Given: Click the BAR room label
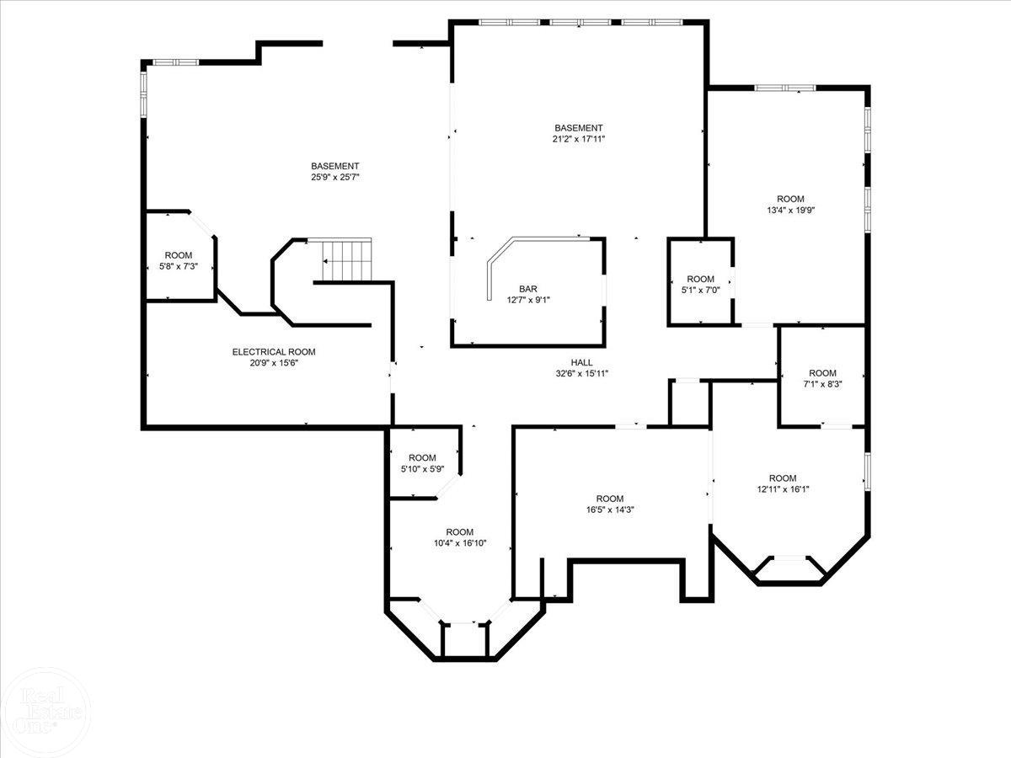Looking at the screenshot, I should [528, 288].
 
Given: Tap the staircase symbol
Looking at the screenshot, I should [346, 259].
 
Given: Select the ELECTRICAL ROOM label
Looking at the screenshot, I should [274, 352].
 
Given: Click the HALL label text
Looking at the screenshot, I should [581, 363].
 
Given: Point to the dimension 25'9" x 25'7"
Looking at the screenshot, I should [334, 177].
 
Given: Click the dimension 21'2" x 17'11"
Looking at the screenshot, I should [578, 139].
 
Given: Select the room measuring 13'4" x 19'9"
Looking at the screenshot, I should [790, 205].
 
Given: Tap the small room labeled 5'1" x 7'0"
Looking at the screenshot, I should [700, 285].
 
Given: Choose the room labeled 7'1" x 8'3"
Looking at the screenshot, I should [822, 378].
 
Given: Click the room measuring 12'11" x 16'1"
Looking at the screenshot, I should [782, 483].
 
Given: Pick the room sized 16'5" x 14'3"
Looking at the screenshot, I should [610, 504].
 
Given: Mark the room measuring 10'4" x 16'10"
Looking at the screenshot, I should [459, 537].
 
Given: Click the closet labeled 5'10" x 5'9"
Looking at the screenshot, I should [422, 463].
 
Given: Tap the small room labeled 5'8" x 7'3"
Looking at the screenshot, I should [178, 261].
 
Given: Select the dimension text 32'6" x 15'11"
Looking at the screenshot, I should [581, 374].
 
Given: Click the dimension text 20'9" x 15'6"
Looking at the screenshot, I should [274, 363].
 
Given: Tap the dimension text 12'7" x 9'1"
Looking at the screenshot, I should [528, 299].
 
